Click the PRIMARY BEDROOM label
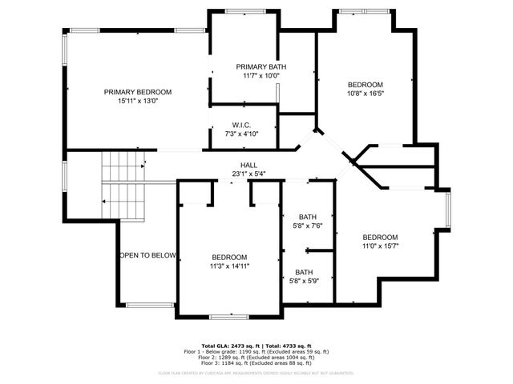pyautogui.click(x=137, y=92)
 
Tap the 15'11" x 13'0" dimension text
pyautogui.click(x=137, y=102)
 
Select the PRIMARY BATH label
pyautogui.click(x=261, y=66)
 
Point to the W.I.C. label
pyautogui.click(x=242, y=125)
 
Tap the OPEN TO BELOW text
pyautogui.click(x=147, y=255)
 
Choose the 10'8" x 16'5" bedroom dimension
pyautogui.click(x=365, y=94)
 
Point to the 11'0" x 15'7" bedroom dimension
pyautogui.click(x=380, y=246)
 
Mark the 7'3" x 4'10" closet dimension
pyautogui.click(x=242, y=134)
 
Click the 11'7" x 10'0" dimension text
pyautogui.click(x=261, y=76)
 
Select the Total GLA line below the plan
pyautogui.click(x=256, y=346)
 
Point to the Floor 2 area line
pyautogui.click(x=256, y=357)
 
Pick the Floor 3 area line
pyautogui.click(x=256, y=362)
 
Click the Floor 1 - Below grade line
pyautogui.click(x=256, y=351)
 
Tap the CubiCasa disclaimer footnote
pyautogui.click(x=256, y=373)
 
